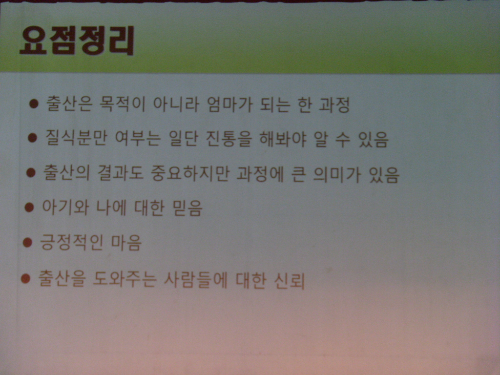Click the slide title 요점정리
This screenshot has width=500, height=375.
tap(77, 41)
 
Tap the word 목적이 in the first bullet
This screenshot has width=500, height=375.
tap(122, 104)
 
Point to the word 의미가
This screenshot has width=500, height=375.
tap(337, 174)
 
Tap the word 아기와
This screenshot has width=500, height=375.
tap(65, 207)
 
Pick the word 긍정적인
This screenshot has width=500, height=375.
tap(71, 242)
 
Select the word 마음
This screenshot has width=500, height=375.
tap(126, 243)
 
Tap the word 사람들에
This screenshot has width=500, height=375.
tap(196, 280)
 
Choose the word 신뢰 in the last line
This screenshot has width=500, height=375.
tap(289, 280)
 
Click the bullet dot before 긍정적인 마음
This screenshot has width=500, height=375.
tap(28, 243)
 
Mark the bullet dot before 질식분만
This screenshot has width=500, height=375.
tap(33, 138)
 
